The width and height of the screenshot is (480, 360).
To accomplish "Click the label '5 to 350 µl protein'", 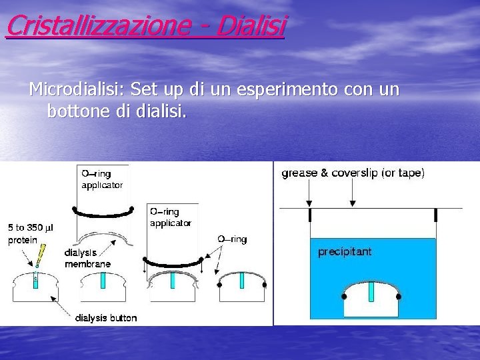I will pyautogui.click(x=30, y=233).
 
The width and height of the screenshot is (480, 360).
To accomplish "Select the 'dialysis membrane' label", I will pyautogui.click(x=87, y=258).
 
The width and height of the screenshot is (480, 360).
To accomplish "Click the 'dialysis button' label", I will pyautogui.click(x=107, y=318).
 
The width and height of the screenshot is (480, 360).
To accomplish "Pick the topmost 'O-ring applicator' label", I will pyautogui.click(x=102, y=179).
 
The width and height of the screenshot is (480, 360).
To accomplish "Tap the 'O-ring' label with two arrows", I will pyautogui.click(x=232, y=239).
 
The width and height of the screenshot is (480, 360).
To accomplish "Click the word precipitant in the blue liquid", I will pyautogui.click(x=345, y=252).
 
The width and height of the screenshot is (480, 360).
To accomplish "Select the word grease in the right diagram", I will pyautogui.click(x=301, y=173).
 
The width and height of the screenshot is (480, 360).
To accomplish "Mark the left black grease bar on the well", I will pyautogui.click(x=310, y=215).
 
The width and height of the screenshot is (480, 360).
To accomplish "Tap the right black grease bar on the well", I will pyautogui.click(x=435, y=215).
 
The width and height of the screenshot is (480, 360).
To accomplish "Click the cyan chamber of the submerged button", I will pyautogui.click(x=371, y=291).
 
